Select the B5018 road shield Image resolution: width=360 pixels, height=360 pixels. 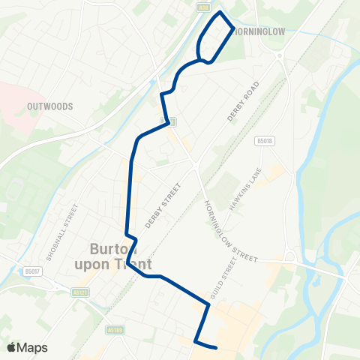click(x=262, y=139)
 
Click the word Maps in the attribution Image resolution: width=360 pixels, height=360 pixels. click(x=32, y=347)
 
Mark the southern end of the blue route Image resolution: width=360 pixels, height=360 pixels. click(x=216, y=347)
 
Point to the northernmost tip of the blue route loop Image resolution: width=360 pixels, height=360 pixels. click(x=220, y=13)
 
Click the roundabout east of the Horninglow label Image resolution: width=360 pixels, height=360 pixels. click(x=280, y=55)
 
